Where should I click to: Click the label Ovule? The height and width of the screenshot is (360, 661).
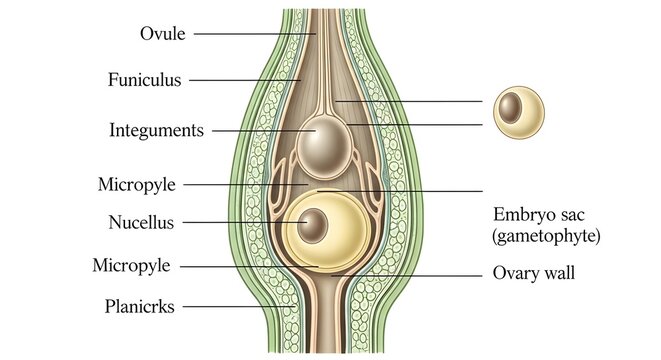[161, 33]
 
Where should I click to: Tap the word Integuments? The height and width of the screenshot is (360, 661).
[156, 130]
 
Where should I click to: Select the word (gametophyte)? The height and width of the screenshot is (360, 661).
[545, 236]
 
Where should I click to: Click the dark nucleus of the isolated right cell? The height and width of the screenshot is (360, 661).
[511, 106]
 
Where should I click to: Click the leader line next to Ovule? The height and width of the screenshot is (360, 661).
[250, 33]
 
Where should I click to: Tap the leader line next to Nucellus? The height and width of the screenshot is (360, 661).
[240, 222]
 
